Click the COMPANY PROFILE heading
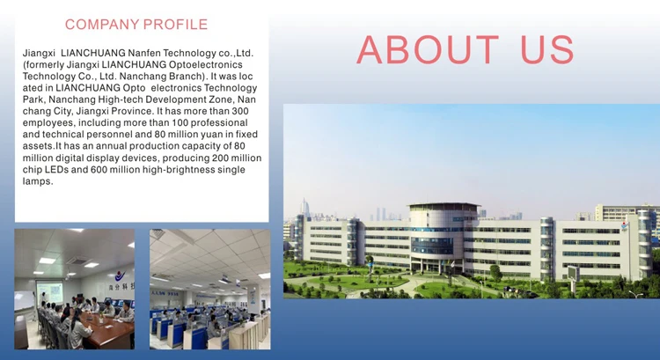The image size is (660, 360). coord(136,25)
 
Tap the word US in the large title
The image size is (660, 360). coord(547,49)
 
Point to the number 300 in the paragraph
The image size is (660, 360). coord(240,111)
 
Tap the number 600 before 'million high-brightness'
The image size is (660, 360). coord(99,170)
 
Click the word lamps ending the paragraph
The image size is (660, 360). coord(38,181)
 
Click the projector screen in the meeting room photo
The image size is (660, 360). coord(49,292)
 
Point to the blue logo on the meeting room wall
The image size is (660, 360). coord(120,276)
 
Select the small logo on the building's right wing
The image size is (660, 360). coord(624,226)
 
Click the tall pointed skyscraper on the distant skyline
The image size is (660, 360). coord(304,208)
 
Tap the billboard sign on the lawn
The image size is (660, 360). coord(573,274)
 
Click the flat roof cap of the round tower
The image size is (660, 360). coord(444,205)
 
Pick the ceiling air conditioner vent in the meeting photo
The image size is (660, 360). coord(78,261)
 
